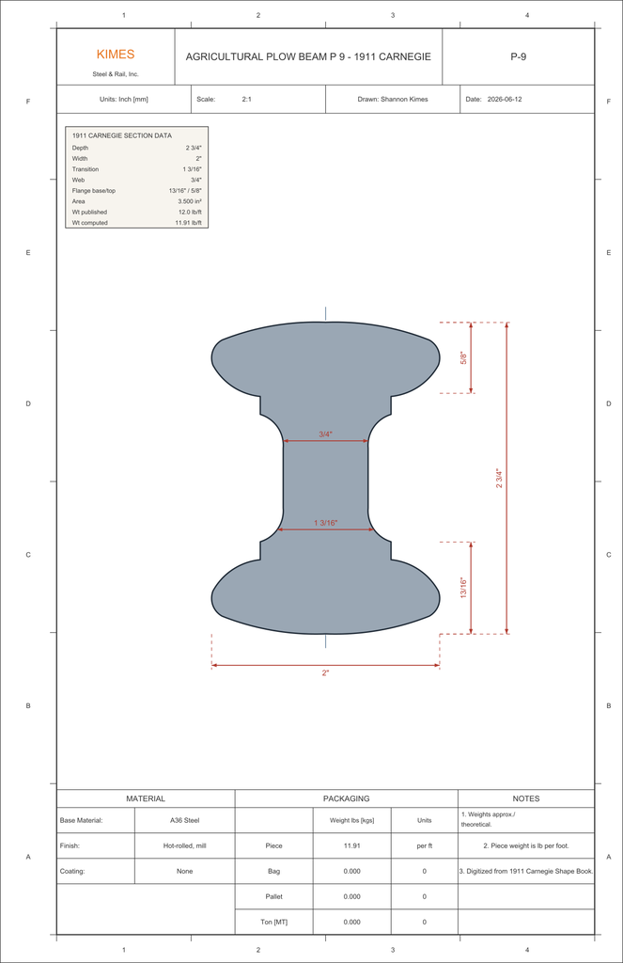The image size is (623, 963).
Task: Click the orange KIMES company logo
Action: pos(116,54)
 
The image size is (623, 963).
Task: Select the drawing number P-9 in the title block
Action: pos(518,56)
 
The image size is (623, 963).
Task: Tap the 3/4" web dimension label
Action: pos(325,434)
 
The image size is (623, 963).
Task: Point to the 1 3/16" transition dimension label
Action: pos(326,523)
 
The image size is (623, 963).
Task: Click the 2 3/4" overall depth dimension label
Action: pos(499,479)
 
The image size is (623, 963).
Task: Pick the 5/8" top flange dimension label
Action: pos(464,358)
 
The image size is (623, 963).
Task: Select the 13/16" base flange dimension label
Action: pos(464,588)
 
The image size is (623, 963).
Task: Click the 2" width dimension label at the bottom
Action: pos(325,673)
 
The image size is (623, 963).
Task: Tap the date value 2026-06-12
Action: pos(505,99)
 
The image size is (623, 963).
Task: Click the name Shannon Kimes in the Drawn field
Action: pos(404,99)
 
